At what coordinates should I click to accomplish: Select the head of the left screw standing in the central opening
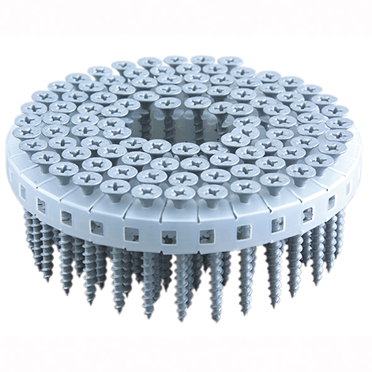[x=166, y=103]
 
